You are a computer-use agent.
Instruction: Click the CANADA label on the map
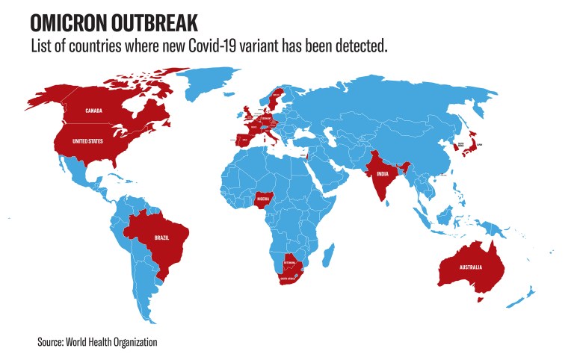click(94, 111)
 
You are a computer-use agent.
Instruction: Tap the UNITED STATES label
click(88, 140)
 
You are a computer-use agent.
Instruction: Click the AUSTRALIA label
click(471, 267)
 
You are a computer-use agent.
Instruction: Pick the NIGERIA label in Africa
click(263, 199)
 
